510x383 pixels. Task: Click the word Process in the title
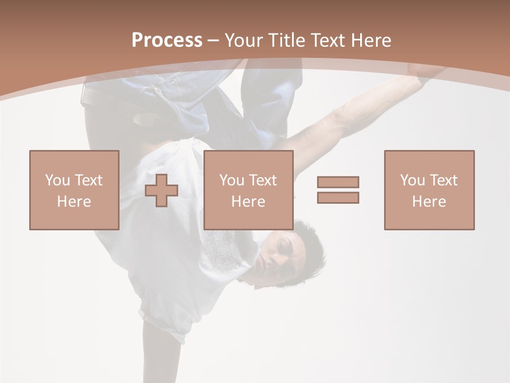[x=167, y=40]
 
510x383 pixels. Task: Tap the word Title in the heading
[x=287, y=40]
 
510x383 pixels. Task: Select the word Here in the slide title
[x=370, y=40]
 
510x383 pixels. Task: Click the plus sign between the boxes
[x=161, y=190]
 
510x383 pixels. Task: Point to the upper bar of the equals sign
[x=338, y=182]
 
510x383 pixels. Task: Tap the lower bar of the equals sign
[x=338, y=197]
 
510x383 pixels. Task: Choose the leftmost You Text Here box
[x=74, y=190]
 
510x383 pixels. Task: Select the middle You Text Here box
[x=248, y=190]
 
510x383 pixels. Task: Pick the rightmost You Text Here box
[x=429, y=190]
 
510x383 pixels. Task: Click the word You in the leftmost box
[x=57, y=180]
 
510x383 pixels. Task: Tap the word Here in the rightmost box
[x=429, y=202]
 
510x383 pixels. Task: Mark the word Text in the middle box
[x=263, y=180]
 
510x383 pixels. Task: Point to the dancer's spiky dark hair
[x=311, y=247]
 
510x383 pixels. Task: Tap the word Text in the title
[x=328, y=40]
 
